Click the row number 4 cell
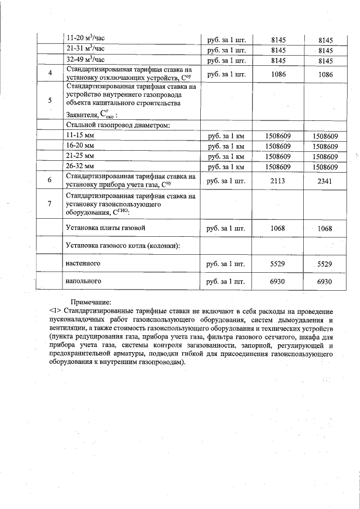pyautogui.click(x=50, y=74)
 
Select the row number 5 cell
pyautogui.click(x=50, y=101)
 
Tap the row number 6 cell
pyautogui.click(x=50, y=180)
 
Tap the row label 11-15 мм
pyautogui.click(x=80, y=136)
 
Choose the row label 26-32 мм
pyautogui.click(x=80, y=166)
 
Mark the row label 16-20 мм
pyautogui.click(x=80, y=146)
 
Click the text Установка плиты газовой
pyautogui.click(x=106, y=228)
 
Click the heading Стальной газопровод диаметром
pyautogui.click(x=118, y=124)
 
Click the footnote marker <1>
pyautogui.click(x=55, y=311)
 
